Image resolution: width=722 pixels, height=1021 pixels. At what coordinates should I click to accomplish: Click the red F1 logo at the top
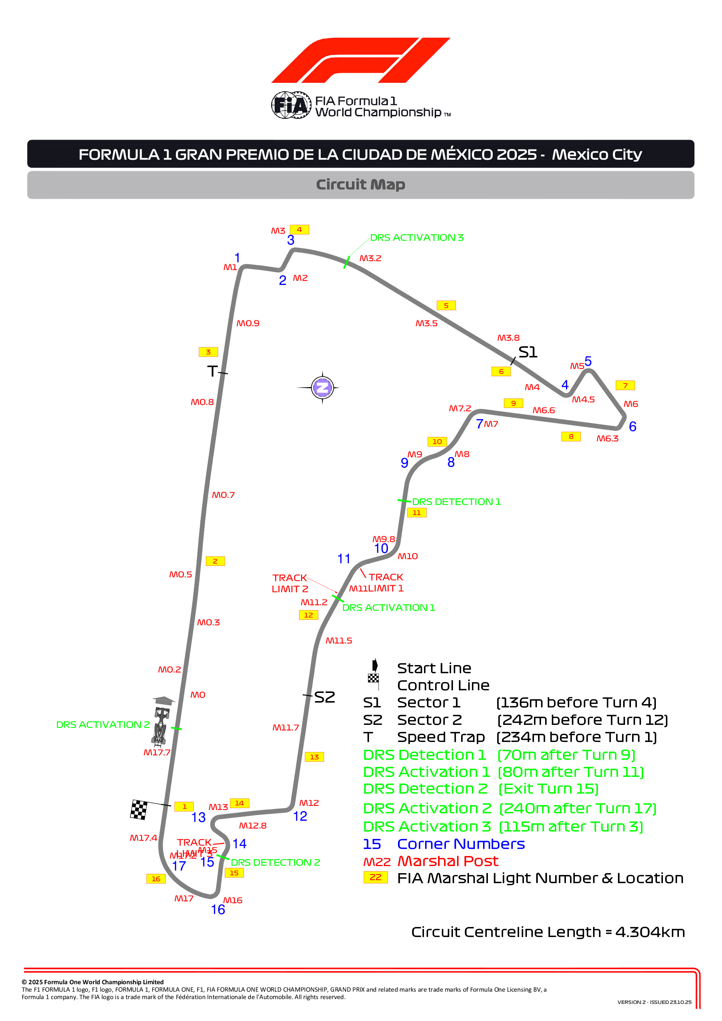click(360, 60)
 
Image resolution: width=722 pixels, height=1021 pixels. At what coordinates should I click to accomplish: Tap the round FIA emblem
click(291, 106)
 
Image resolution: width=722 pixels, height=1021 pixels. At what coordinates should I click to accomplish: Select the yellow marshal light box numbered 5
click(446, 305)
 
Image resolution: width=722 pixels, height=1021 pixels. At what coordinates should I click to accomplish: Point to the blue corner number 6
click(632, 427)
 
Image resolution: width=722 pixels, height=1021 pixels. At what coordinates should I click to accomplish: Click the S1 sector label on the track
click(528, 352)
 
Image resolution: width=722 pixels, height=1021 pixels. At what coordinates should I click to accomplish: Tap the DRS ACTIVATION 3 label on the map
click(417, 237)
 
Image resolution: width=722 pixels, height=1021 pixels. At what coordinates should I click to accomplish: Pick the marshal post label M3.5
click(426, 323)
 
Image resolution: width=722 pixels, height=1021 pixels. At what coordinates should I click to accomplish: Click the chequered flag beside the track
click(139, 809)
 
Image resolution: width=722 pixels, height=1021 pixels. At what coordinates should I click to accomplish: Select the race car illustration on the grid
click(160, 725)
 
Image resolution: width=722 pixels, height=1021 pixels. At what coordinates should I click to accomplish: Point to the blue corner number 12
click(300, 816)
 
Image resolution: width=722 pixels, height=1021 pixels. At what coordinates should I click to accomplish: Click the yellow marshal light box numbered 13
click(314, 757)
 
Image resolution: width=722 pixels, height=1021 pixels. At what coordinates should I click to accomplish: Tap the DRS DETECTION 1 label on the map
click(456, 502)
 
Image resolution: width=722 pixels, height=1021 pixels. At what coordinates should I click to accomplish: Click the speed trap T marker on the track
click(213, 371)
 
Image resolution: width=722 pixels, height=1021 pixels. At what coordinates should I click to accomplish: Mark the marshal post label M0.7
click(223, 495)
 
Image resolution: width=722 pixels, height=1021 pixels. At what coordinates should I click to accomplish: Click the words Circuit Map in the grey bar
click(360, 185)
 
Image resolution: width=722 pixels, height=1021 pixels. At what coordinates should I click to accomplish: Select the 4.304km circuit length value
click(650, 932)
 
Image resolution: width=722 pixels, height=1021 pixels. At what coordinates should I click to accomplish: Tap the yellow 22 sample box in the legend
click(375, 877)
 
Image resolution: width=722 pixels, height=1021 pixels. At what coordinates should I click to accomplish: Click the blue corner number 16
click(218, 910)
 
